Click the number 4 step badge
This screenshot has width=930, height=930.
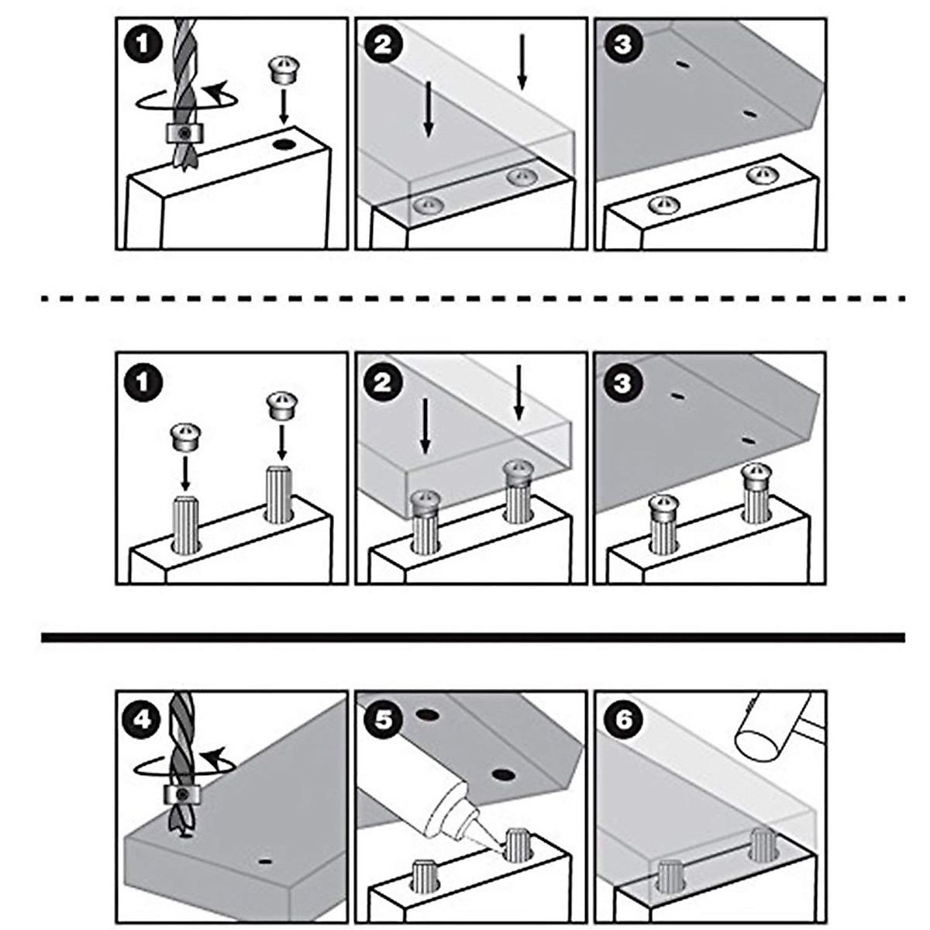(143, 721)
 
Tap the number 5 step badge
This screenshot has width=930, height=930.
(384, 720)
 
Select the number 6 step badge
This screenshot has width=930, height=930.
(624, 720)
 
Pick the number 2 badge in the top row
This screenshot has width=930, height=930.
(384, 45)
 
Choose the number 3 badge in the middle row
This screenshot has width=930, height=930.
(624, 383)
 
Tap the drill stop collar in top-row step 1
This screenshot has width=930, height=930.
(183, 133)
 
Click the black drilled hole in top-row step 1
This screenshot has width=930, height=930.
(284, 144)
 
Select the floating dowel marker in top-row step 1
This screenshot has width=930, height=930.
(284, 69)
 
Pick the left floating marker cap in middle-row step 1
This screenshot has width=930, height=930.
(185, 437)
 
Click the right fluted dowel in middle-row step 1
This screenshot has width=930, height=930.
(278, 494)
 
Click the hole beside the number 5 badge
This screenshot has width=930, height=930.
(428, 715)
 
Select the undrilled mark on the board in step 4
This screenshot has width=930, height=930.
(264, 861)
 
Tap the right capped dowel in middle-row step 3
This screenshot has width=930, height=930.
(756, 493)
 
